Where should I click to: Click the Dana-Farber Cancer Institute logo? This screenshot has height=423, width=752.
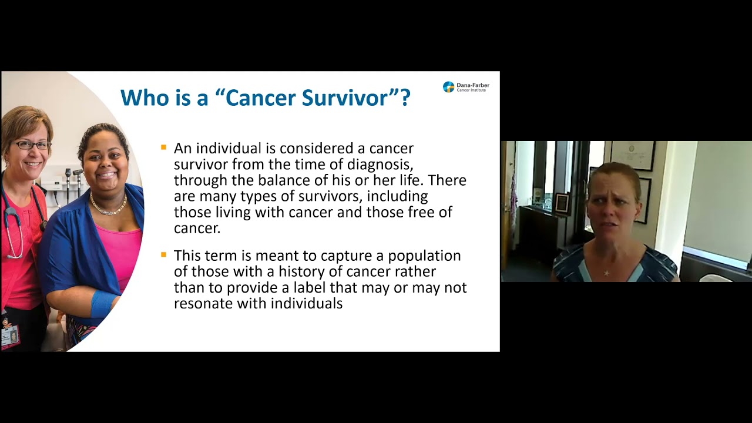click(x=465, y=87)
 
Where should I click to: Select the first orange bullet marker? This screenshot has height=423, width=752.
click(x=164, y=147)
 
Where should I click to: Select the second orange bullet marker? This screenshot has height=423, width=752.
click(x=164, y=254)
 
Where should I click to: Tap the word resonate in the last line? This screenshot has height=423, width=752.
click(x=203, y=303)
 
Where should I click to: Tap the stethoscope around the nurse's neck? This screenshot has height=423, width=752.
click(x=13, y=223)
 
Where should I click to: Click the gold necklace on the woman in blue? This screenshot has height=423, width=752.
click(x=108, y=207)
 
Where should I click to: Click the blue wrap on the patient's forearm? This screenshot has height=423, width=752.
click(x=103, y=303)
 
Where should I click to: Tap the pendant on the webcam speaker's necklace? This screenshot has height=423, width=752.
click(x=606, y=273)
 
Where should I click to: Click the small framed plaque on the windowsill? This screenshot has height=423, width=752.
click(x=562, y=203)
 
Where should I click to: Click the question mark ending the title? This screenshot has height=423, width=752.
click(x=405, y=98)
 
